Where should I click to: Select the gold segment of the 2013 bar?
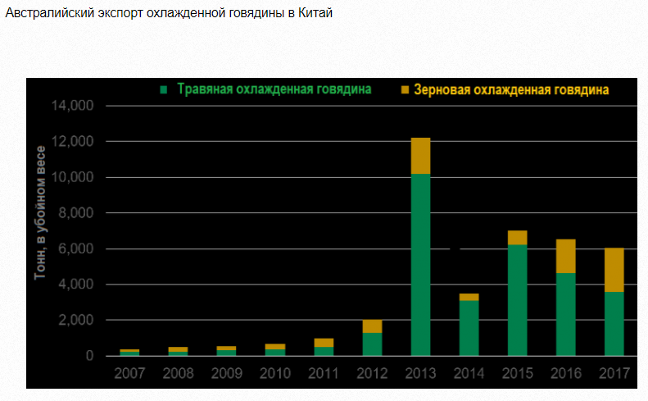[420, 156]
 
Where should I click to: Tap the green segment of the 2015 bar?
[517, 299]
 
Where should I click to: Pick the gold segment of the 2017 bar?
[614, 270]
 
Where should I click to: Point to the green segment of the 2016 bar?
[565, 314]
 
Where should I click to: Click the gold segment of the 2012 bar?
[372, 326]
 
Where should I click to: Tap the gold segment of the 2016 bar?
[565, 256]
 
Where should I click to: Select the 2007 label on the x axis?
[129, 374]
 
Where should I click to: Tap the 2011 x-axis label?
[324, 374]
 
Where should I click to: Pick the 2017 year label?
[614, 374]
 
